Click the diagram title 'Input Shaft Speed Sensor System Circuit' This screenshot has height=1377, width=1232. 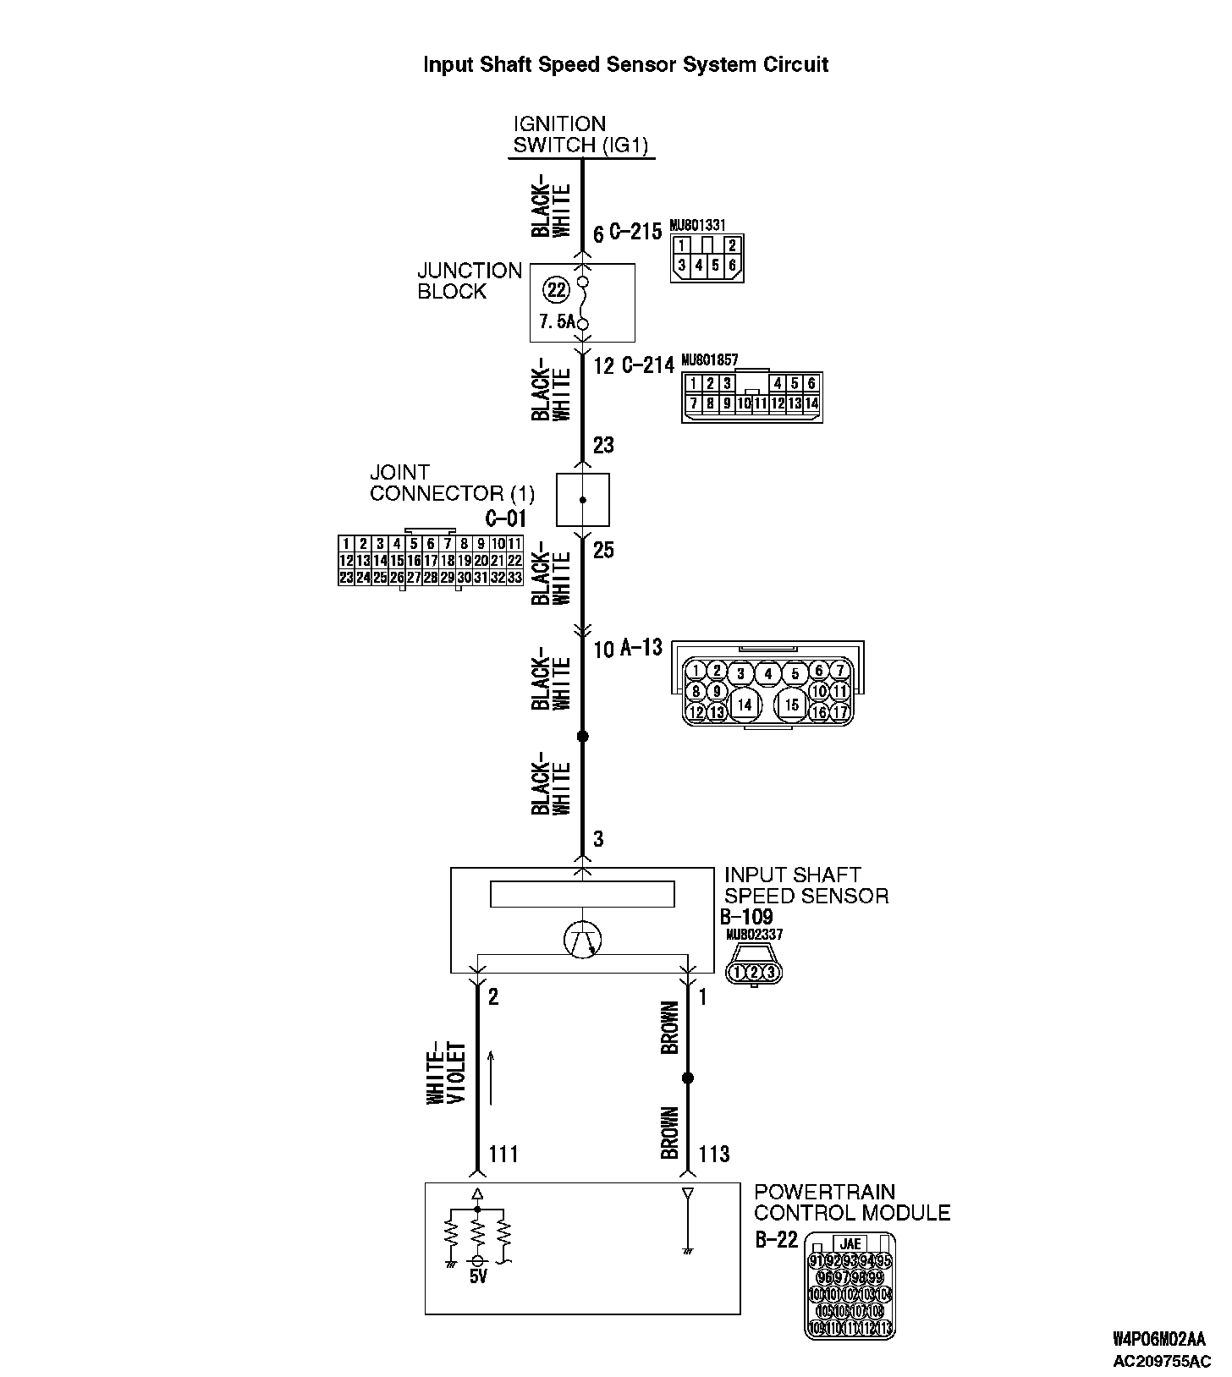pos(625,65)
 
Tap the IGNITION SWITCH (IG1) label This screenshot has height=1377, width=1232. pos(580,135)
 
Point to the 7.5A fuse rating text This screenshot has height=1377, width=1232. pos(556,322)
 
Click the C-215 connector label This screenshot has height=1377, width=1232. pos(635,232)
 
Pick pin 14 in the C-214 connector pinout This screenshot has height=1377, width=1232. pos(811,404)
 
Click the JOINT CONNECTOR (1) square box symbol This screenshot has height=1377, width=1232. pos(582,500)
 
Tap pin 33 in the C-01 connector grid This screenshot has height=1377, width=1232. pos(514,578)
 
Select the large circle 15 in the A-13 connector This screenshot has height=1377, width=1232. pos(791,704)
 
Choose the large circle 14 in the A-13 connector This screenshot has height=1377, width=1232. pos(744,704)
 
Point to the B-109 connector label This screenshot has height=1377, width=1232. pos(747,917)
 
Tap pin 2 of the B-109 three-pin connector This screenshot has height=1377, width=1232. pos(754,973)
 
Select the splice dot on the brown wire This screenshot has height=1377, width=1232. pos(687,1078)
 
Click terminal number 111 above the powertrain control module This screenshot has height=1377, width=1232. pos(503,1154)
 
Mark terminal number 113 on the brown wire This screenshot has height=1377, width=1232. pos(713,1154)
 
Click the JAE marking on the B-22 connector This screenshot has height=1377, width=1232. pos(850,1243)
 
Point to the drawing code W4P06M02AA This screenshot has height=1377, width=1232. pos(1157,1339)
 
